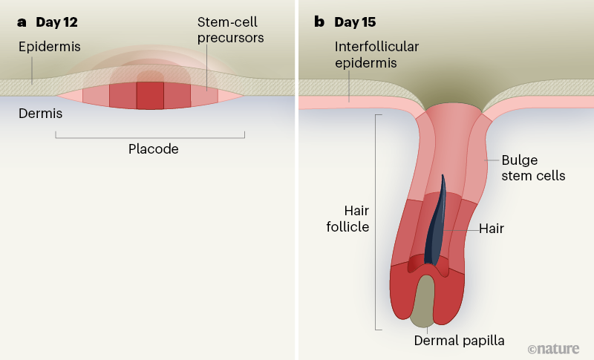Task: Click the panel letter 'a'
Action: (22, 22)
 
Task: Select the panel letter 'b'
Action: (319, 22)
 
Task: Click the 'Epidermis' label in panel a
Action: (50, 48)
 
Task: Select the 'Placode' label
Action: (154, 149)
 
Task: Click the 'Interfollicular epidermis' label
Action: (376, 55)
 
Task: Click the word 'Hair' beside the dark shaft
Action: (492, 229)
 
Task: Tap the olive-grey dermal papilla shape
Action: (424, 301)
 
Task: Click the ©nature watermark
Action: (554, 348)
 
